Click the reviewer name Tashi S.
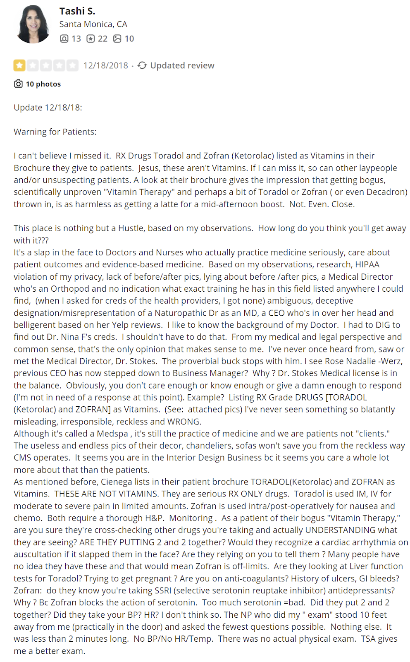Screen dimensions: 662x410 coord(77,11)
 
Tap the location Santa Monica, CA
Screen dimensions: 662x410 coord(93,24)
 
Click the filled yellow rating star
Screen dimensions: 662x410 coord(19,65)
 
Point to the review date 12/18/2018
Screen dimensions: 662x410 coord(106,66)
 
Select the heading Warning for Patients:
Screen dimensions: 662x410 coord(55,132)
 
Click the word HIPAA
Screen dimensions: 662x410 coord(367,265)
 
